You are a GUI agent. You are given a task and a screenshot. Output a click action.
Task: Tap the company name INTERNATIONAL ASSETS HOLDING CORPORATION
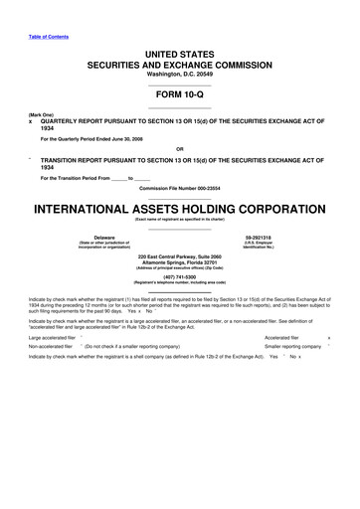pyautogui.click(x=179, y=210)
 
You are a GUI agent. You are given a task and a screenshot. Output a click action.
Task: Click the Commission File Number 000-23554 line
pyautogui.click(x=179, y=188)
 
